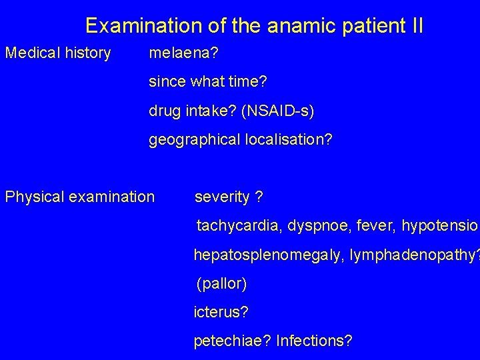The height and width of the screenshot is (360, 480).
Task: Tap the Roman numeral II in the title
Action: [414, 26]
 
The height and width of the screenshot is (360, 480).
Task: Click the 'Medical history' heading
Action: [58, 53]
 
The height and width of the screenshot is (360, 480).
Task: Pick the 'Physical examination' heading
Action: [80, 197]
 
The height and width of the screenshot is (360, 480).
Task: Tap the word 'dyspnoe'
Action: [317, 226]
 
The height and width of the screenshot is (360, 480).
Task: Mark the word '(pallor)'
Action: [221, 285]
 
